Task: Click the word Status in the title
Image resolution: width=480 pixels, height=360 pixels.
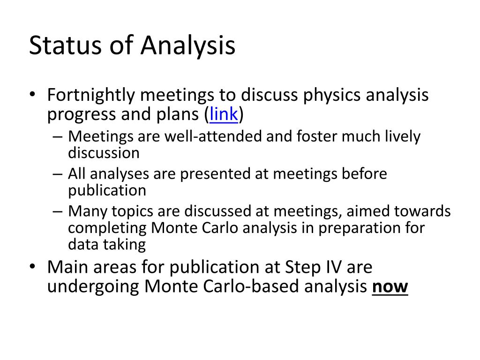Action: [65, 45]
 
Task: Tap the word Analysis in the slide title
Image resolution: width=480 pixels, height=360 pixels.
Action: [188, 45]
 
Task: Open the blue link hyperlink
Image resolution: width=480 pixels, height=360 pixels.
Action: [224, 114]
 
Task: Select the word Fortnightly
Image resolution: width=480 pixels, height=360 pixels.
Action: [91, 96]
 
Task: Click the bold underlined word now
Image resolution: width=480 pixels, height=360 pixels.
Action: [390, 287]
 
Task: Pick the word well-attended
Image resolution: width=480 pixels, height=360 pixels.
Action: [213, 136]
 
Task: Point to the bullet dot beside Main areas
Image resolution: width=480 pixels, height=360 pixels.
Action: [32, 266]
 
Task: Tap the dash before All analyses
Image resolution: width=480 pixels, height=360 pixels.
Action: [57, 174]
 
